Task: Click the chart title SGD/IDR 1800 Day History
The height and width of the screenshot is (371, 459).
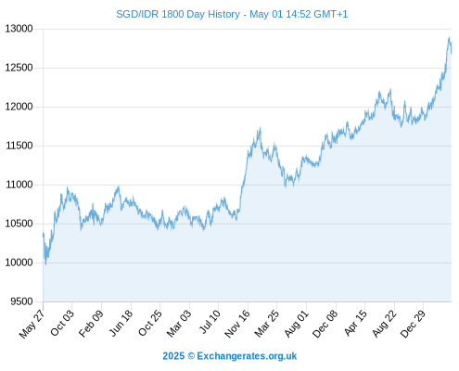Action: tap(178, 14)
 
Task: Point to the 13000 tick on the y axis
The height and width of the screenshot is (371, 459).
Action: tap(19, 29)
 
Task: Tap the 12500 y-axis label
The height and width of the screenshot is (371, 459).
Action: tap(19, 68)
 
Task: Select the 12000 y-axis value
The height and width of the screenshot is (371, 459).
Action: tap(19, 107)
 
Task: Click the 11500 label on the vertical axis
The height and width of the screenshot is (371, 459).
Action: tap(19, 146)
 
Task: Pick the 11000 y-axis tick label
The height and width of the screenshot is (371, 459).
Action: tap(19, 185)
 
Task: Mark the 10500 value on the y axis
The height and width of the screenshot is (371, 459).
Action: tap(19, 224)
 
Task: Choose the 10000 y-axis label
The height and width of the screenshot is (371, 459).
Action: tap(19, 262)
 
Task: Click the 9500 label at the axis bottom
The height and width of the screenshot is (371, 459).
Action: tap(21, 301)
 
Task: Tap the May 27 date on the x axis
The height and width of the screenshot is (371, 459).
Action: tap(32, 324)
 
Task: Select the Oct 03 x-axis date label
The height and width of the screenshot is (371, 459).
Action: tap(62, 323)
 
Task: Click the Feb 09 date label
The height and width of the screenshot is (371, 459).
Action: tap(91, 324)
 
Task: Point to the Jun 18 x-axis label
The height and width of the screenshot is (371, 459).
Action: tap(121, 323)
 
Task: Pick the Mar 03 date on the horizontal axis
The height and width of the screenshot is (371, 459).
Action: tap(179, 324)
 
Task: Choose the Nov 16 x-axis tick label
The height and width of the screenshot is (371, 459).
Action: tap(237, 324)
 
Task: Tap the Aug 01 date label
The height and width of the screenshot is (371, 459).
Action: tap(297, 324)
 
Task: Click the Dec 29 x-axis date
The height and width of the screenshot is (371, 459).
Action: tap(413, 324)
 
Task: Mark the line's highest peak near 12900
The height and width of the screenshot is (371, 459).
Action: tap(449, 37)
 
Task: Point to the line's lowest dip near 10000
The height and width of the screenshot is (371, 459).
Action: tap(45, 264)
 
